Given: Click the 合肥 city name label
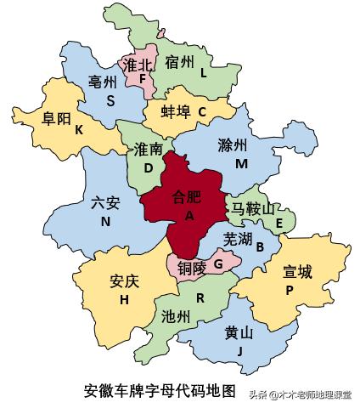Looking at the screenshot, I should click(x=187, y=198).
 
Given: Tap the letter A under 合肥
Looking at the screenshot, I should click(x=188, y=217).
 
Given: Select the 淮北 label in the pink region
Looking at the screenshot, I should click(x=138, y=65).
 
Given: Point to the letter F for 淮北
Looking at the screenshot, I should click(x=142, y=80).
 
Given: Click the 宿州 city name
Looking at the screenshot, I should click(x=180, y=61).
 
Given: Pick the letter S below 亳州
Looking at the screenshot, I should click(x=110, y=100).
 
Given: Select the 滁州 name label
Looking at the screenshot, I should click(x=235, y=144).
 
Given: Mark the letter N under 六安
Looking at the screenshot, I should click(x=106, y=221).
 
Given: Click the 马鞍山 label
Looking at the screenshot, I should click(x=254, y=208).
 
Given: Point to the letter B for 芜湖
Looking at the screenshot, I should click(x=261, y=247).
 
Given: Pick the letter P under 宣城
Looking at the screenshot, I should click(x=290, y=290).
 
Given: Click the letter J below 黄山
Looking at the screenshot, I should click(x=240, y=349).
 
